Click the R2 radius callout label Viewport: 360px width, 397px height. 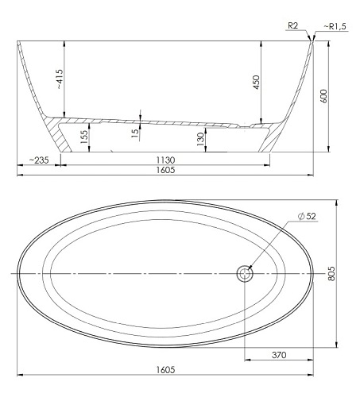tap(293, 25)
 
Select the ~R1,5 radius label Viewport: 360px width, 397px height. tap(335, 26)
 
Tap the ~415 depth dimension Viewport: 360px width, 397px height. tap(60, 79)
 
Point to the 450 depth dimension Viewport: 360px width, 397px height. tap(256, 83)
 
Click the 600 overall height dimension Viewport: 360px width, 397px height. tap(323, 96)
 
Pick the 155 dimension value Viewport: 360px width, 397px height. tap(84, 137)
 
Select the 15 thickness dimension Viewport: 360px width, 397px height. tap(135, 133)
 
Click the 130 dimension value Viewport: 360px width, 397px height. tap(201, 139)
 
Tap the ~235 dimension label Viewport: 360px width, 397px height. tap(39, 160)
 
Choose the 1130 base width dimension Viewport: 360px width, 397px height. tap(165, 160)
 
